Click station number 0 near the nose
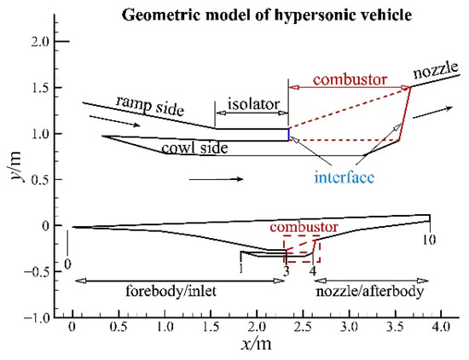click(67, 264)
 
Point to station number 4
click(313, 270)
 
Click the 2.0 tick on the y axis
click(37, 41)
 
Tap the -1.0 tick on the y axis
click(35, 317)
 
